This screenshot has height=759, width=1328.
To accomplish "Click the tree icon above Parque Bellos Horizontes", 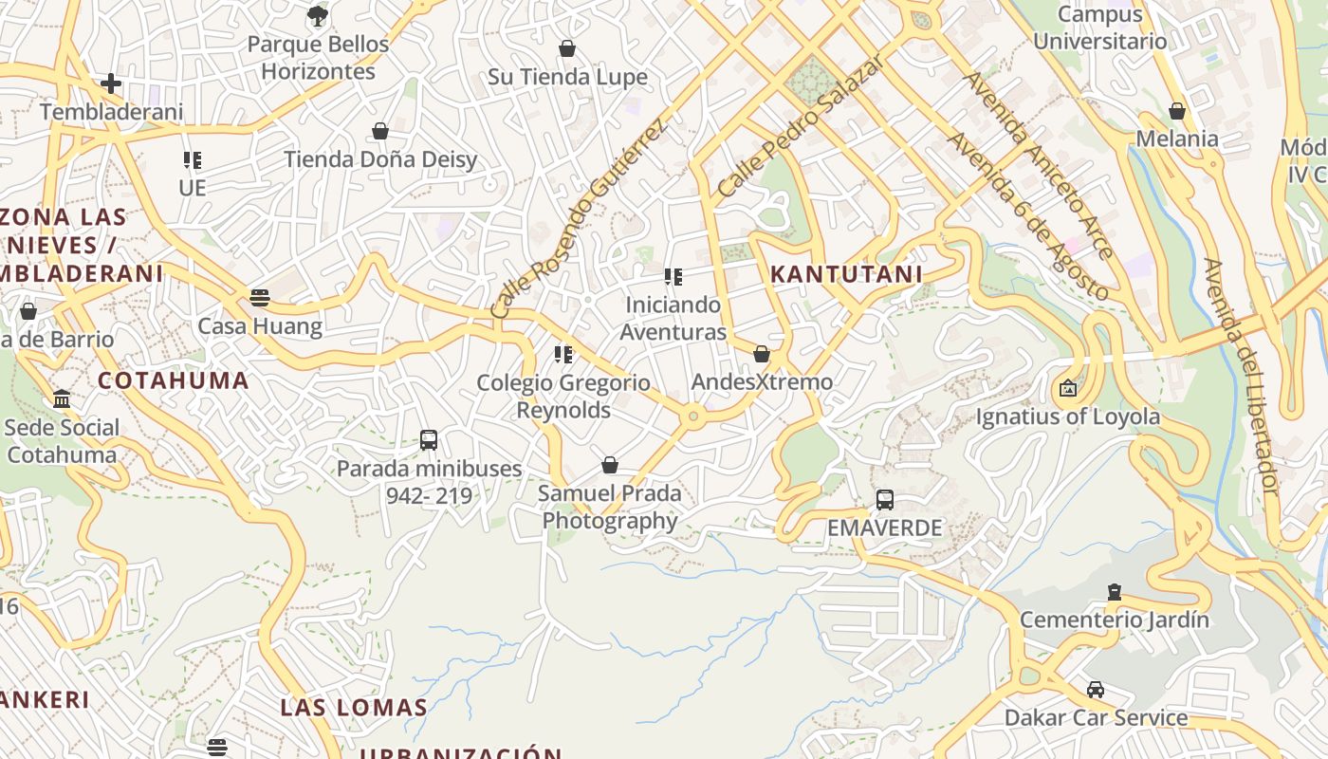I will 318,15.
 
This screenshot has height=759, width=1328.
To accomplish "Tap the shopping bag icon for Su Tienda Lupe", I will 567,48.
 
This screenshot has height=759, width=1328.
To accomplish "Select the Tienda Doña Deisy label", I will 380,158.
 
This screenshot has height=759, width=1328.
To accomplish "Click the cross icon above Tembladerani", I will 111,83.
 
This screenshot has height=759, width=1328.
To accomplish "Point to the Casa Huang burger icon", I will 260,298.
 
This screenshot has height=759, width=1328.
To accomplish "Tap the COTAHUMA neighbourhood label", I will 174,380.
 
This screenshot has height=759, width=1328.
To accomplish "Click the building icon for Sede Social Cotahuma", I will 63,398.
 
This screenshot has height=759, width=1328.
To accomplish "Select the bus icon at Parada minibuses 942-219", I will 429,440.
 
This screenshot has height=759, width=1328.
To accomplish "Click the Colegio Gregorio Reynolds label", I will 563,396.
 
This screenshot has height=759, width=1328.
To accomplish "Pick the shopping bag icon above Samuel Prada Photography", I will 610,465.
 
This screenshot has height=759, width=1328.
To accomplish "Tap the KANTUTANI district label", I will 846,274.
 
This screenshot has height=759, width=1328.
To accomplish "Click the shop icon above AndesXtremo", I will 762,354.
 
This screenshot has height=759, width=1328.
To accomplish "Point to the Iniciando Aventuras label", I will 673,318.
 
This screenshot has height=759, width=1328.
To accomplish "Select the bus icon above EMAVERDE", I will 885,499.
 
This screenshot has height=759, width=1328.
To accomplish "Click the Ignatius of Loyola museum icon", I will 1068,388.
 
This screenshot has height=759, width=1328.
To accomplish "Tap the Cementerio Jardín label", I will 1115,620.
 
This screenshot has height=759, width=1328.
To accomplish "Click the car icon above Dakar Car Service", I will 1096,690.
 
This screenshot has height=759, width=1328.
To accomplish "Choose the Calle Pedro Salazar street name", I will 802,124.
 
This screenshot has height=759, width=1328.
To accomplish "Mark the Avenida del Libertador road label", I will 1242,376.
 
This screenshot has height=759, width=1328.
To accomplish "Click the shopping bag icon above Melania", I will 1177,111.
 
